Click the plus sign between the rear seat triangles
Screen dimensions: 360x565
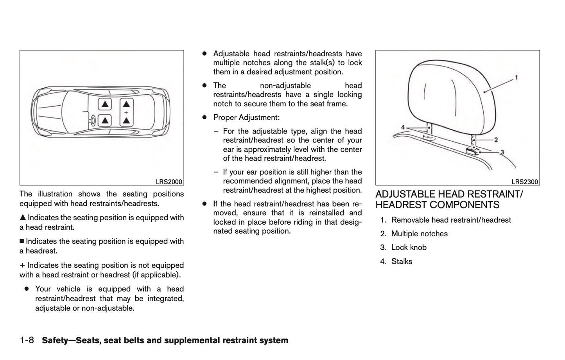126,112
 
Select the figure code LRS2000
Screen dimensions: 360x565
169,182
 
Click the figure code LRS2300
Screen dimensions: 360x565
525,182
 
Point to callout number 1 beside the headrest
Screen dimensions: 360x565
516,77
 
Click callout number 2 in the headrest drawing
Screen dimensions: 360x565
496,140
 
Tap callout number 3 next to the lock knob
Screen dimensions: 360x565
502,152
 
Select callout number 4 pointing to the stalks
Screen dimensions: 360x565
403,127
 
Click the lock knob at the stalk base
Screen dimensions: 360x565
472,151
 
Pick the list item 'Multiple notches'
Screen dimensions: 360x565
419,234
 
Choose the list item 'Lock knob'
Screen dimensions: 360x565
409,247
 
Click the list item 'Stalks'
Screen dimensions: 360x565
402,261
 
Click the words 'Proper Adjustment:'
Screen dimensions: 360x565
246,117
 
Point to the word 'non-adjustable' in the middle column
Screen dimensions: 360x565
285,86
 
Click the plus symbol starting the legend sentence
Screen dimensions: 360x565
22,265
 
